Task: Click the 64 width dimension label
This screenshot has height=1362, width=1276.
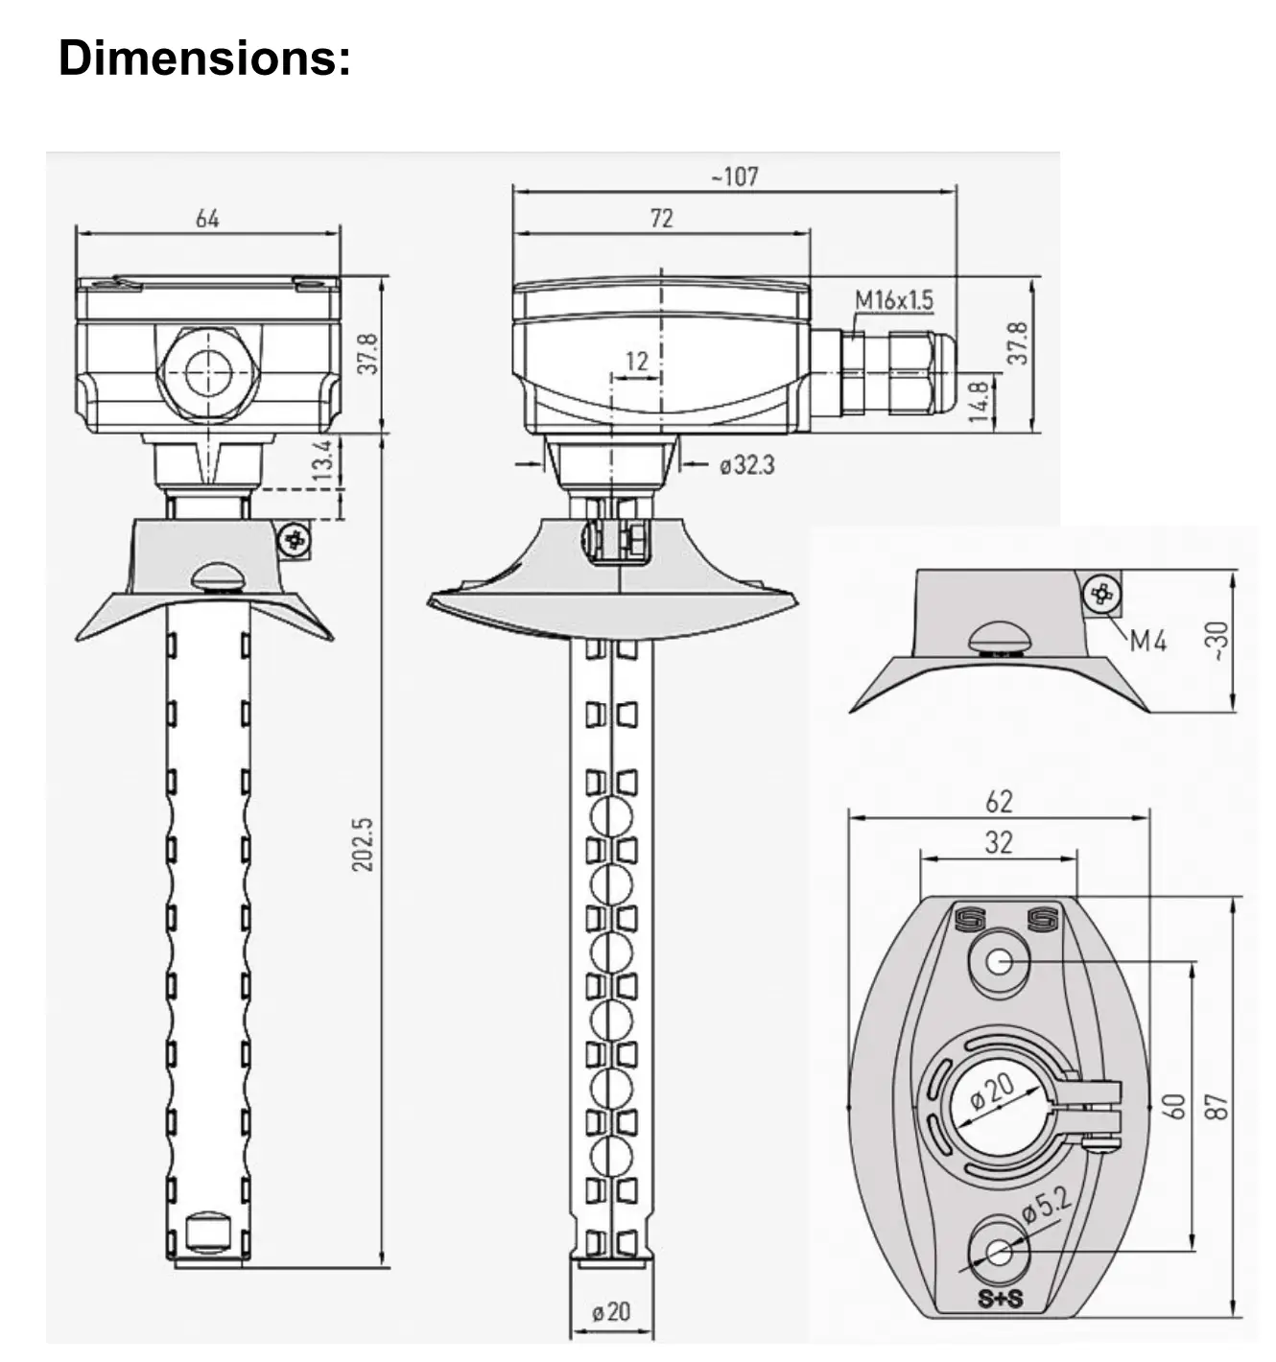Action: coord(207,219)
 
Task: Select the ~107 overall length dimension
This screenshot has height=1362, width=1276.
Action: coord(734,176)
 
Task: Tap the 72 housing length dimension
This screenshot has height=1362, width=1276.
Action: coord(662,219)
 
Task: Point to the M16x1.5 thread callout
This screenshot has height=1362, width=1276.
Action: coord(893,300)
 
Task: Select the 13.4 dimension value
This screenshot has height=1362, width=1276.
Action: coord(323,461)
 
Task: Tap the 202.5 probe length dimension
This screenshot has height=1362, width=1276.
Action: coord(363,844)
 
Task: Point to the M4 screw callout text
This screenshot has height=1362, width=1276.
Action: coord(1147,641)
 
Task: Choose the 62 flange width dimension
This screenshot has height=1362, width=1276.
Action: coord(998,801)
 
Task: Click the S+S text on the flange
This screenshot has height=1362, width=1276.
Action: coord(1000,1300)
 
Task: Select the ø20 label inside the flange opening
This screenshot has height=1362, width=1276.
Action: coord(992,1092)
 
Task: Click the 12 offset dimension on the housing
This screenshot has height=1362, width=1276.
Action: coord(637,362)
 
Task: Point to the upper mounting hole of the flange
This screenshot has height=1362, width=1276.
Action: coord(999,961)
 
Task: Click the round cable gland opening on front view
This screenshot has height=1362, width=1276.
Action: coord(208,373)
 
